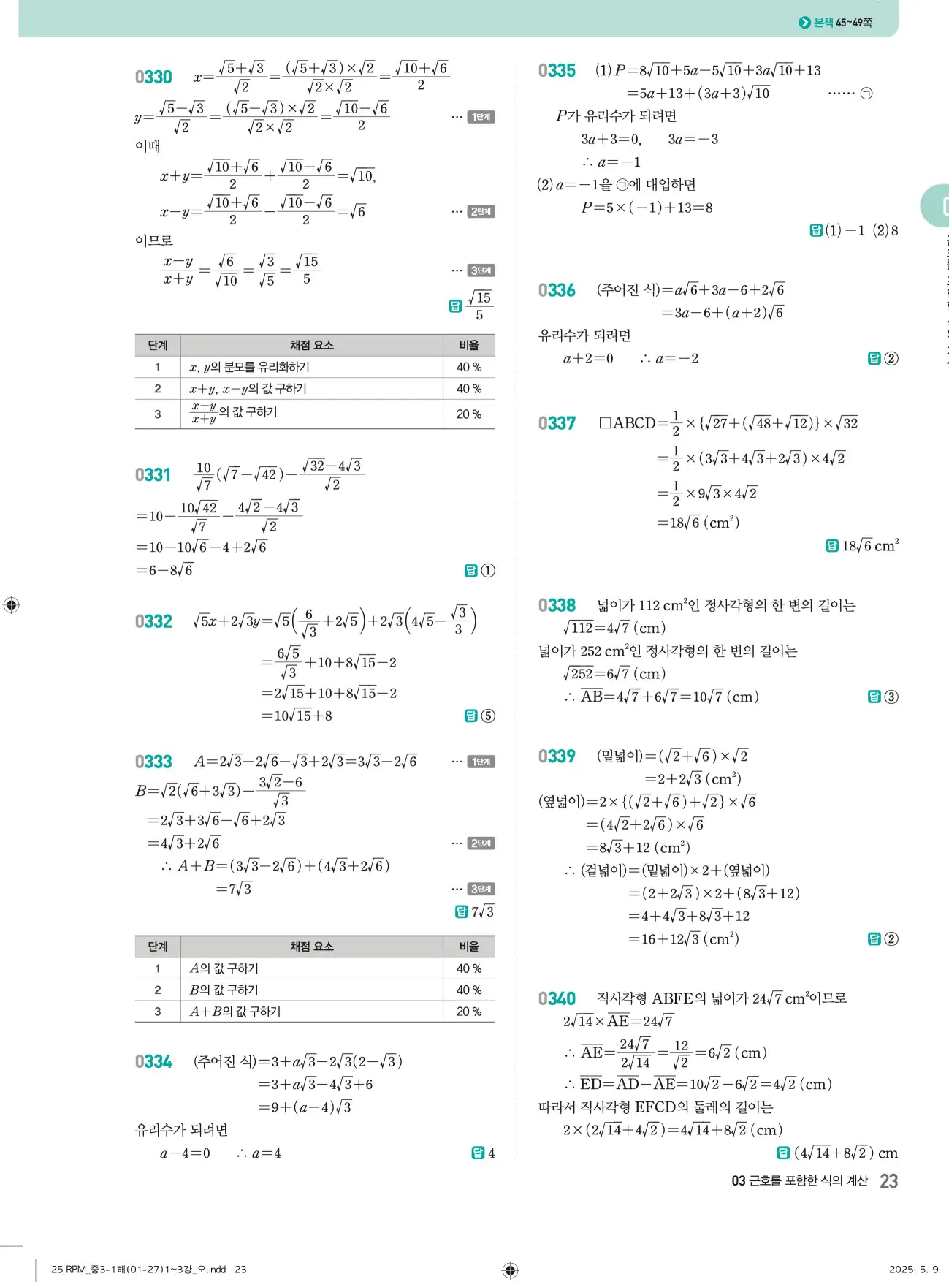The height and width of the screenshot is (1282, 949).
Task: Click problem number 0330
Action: point(153,77)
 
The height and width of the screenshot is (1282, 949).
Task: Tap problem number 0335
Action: point(557,71)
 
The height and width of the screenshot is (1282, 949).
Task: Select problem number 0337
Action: point(557,424)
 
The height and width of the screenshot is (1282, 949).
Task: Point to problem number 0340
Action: point(557,999)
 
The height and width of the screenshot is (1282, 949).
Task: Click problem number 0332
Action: point(153,622)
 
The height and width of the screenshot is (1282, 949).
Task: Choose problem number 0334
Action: point(153,1062)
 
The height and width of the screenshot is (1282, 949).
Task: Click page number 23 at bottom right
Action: point(888,1181)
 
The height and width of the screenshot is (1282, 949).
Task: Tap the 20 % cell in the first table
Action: point(468,414)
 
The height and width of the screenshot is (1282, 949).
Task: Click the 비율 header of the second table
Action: point(468,947)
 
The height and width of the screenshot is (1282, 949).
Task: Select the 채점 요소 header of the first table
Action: point(311,345)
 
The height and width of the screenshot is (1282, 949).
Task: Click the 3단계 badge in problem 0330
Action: point(481,270)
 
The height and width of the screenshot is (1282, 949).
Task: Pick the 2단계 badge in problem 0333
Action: point(481,843)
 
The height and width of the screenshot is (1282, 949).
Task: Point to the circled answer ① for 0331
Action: point(488,571)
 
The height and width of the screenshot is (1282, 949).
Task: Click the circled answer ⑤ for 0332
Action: point(488,716)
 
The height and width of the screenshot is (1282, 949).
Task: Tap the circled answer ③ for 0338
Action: point(891,697)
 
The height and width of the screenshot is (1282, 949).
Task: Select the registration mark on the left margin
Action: point(12,605)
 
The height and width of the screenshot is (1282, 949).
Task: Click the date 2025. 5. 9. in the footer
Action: point(915,1270)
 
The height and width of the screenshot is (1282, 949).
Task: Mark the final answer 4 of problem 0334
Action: point(491,1153)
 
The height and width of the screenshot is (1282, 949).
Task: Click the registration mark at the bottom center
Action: point(511,1270)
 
